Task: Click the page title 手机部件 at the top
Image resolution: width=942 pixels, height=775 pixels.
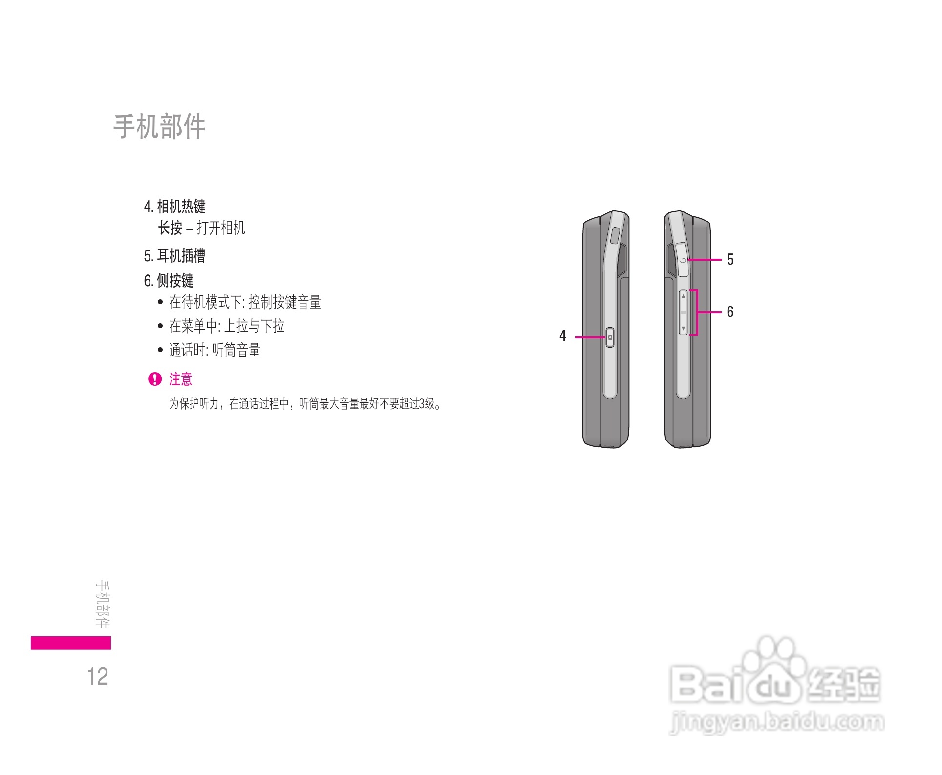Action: click(159, 126)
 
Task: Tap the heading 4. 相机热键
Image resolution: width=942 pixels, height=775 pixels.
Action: click(174, 207)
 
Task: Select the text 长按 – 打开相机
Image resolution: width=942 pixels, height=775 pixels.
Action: click(201, 228)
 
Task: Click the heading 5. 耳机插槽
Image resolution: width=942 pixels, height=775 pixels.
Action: click(174, 255)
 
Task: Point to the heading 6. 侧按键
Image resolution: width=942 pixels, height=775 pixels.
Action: click(169, 281)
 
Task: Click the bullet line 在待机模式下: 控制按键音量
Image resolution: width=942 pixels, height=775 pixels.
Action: click(245, 302)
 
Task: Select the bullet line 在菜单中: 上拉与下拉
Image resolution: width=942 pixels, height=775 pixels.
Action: click(227, 326)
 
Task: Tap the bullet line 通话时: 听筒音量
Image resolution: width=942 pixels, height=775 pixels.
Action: click(214, 350)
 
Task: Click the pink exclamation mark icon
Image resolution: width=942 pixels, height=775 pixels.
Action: click(155, 379)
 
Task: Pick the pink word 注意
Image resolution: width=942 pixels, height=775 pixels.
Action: click(181, 379)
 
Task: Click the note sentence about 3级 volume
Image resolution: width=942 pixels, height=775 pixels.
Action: click(305, 404)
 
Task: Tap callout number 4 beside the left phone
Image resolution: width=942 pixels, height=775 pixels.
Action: click(563, 336)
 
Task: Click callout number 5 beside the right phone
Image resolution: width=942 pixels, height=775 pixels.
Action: click(730, 259)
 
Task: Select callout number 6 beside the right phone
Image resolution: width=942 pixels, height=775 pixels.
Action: click(730, 312)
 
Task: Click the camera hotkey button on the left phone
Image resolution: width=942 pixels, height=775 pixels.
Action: click(610, 337)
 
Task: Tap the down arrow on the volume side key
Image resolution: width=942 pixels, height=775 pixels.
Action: click(684, 329)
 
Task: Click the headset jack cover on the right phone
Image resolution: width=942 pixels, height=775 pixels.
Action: click(683, 260)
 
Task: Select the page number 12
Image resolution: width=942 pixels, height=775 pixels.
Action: click(98, 676)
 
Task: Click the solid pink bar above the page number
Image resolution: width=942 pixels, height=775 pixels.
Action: click(71, 643)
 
